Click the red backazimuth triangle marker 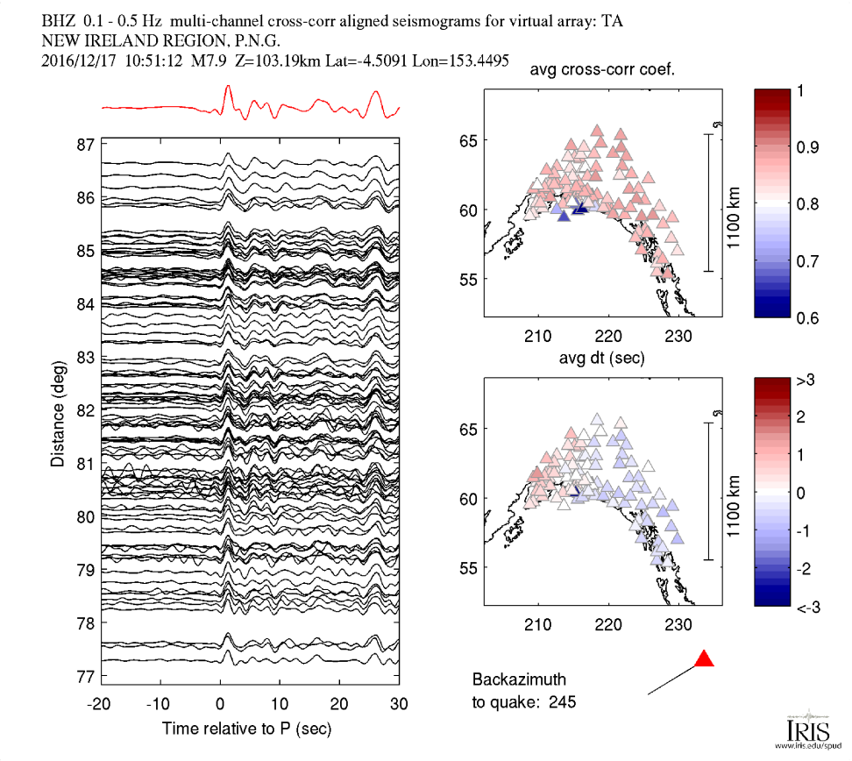point(704,658)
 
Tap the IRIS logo point(808,729)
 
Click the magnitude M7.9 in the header point(208,60)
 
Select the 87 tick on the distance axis point(85,146)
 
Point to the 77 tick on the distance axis point(85,677)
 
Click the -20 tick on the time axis point(98,704)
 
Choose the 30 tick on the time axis point(399,704)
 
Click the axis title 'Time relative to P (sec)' point(246,729)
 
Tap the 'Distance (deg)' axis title point(58,414)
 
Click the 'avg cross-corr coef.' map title point(602,69)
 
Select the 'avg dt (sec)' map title point(602,359)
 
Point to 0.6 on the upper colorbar point(807,318)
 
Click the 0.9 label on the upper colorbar point(807,147)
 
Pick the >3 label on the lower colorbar point(806,380)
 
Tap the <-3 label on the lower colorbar point(807,608)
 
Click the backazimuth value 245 point(563,702)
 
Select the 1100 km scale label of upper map point(734,218)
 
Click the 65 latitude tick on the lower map point(468,430)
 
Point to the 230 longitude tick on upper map point(678,336)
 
